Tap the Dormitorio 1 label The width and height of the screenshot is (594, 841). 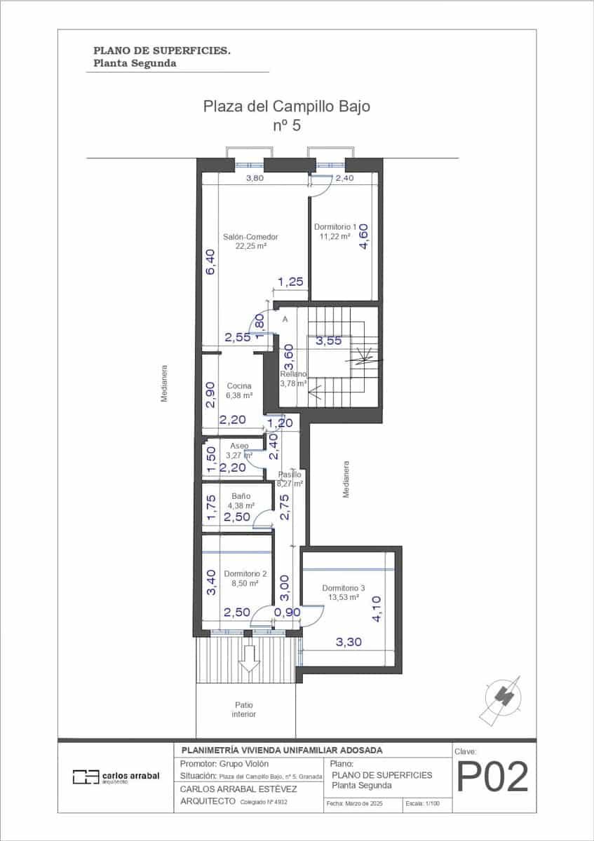[x=335, y=226]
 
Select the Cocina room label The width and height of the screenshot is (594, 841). [x=239, y=386]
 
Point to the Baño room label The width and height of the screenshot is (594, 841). [x=241, y=495]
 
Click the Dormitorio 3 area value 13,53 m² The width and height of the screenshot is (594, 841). [x=344, y=598]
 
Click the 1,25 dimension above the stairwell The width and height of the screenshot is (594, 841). [x=290, y=282]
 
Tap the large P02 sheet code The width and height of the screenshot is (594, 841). [x=492, y=777]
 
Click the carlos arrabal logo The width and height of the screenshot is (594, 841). [x=116, y=777]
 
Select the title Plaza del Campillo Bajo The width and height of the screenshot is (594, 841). [x=286, y=107]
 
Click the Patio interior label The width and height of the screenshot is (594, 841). [x=243, y=709]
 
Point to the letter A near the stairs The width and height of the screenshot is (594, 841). [x=285, y=319]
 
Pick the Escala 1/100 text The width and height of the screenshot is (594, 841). [x=423, y=804]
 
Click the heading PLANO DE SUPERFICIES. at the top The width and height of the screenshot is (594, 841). [x=162, y=50]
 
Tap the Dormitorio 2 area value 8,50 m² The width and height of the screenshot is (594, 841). [x=241, y=582]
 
